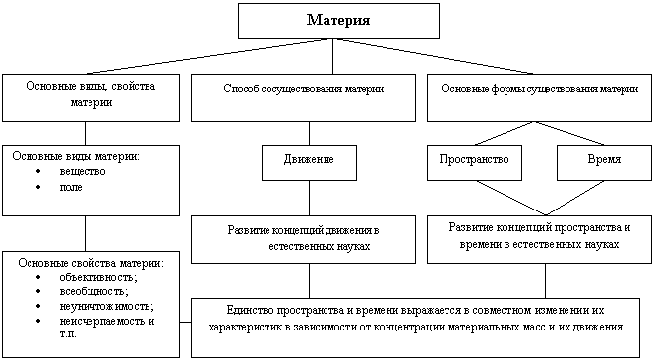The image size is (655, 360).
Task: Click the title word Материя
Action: pos(338,20)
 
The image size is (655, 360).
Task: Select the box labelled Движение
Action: pos(309,162)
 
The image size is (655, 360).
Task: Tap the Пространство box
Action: pos(474,162)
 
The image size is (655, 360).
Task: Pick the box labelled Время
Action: pos(604,162)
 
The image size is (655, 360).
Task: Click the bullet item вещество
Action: pos(83,172)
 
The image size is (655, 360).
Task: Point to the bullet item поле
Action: pos(71,187)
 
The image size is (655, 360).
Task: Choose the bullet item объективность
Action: pos(98,277)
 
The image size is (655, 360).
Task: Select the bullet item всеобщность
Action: pos(93,291)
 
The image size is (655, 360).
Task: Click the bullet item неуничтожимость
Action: pos(106,306)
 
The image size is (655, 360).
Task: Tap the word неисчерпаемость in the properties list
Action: pos(102,321)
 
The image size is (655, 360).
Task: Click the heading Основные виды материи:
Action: pos(76,156)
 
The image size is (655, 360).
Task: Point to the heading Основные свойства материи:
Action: pos(91,263)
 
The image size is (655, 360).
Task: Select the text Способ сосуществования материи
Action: pos(303,89)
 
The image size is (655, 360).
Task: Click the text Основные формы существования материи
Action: pos(539,89)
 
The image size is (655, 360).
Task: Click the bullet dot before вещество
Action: pos(39,171)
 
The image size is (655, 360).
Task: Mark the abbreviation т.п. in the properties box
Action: pos(68,334)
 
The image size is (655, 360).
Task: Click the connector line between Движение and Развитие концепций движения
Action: pos(309,198)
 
